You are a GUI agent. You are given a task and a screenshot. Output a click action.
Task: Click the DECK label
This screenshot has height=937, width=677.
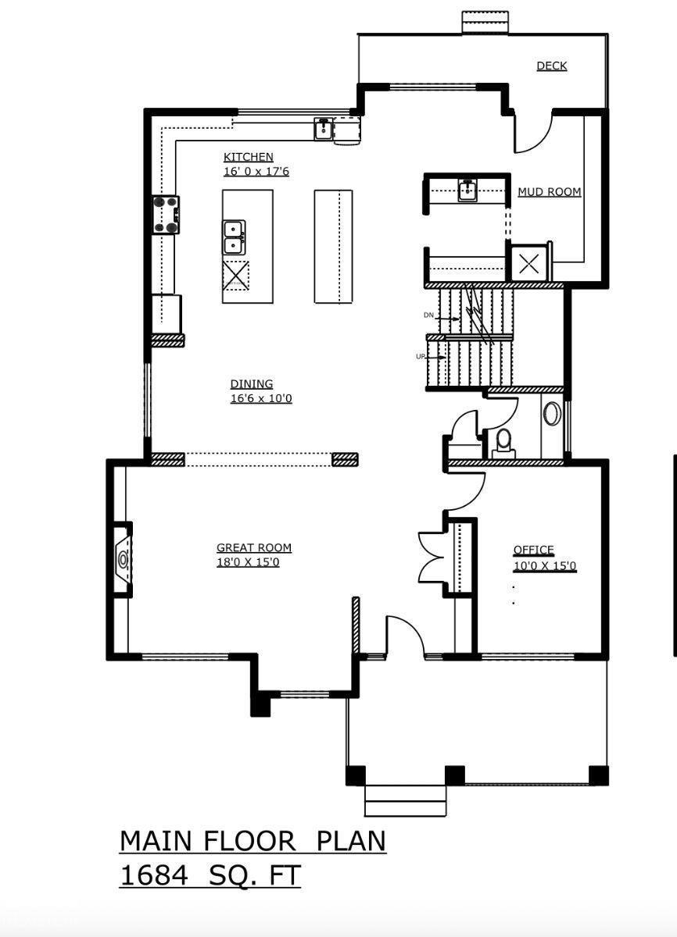click(x=551, y=66)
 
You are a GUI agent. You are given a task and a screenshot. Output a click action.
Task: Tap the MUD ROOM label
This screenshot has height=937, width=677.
click(x=549, y=192)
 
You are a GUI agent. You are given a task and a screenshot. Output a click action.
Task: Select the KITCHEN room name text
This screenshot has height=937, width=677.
click(x=248, y=157)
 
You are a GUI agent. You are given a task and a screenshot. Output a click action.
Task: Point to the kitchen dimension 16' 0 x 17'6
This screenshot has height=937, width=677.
click(x=256, y=171)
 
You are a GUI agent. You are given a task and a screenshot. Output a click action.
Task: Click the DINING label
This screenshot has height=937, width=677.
click(x=251, y=384)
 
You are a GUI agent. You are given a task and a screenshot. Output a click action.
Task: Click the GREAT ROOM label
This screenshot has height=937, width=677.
click(x=253, y=548)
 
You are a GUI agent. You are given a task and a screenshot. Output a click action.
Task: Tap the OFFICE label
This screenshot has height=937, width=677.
click(x=533, y=550)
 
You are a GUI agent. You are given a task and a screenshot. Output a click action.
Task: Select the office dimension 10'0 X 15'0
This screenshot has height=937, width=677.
click(x=544, y=566)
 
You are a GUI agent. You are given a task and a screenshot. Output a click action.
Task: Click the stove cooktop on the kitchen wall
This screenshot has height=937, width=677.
click(x=166, y=215)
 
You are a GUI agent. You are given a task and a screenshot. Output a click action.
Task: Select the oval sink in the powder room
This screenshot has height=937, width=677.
click(x=552, y=413)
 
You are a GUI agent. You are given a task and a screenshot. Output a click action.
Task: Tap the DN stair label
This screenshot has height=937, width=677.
click(x=428, y=315)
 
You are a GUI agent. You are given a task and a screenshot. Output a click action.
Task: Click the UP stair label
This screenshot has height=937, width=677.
click(x=421, y=357)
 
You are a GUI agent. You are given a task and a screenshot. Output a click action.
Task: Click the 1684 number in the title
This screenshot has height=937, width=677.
click(x=153, y=875)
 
